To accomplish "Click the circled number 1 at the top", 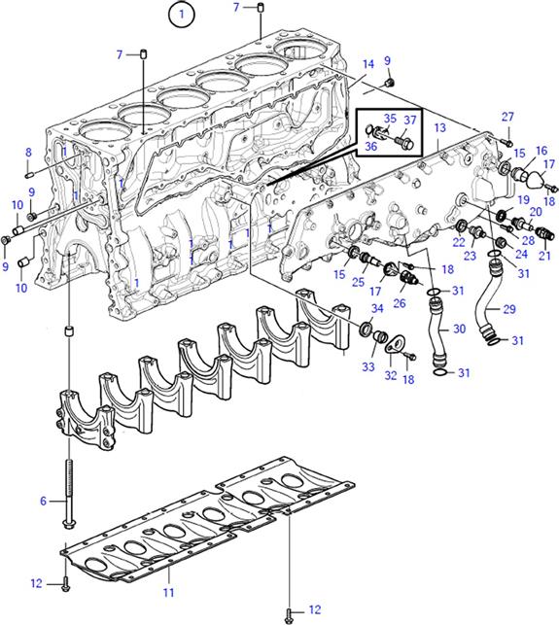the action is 182,15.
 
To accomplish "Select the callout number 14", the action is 368,64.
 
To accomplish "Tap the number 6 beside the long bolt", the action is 43,501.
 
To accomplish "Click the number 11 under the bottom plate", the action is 168,593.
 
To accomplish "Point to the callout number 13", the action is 439,128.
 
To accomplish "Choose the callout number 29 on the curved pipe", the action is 509,309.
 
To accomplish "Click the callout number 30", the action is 459,329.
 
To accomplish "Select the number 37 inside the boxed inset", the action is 410,120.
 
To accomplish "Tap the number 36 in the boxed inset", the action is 370,146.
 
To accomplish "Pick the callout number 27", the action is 507,117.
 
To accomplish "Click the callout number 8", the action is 28,152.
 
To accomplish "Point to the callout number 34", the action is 377,308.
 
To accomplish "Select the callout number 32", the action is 391,375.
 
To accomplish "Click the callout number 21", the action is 544,256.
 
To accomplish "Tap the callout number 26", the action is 400,303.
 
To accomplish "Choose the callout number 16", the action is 542,151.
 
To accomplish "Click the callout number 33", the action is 368,366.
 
